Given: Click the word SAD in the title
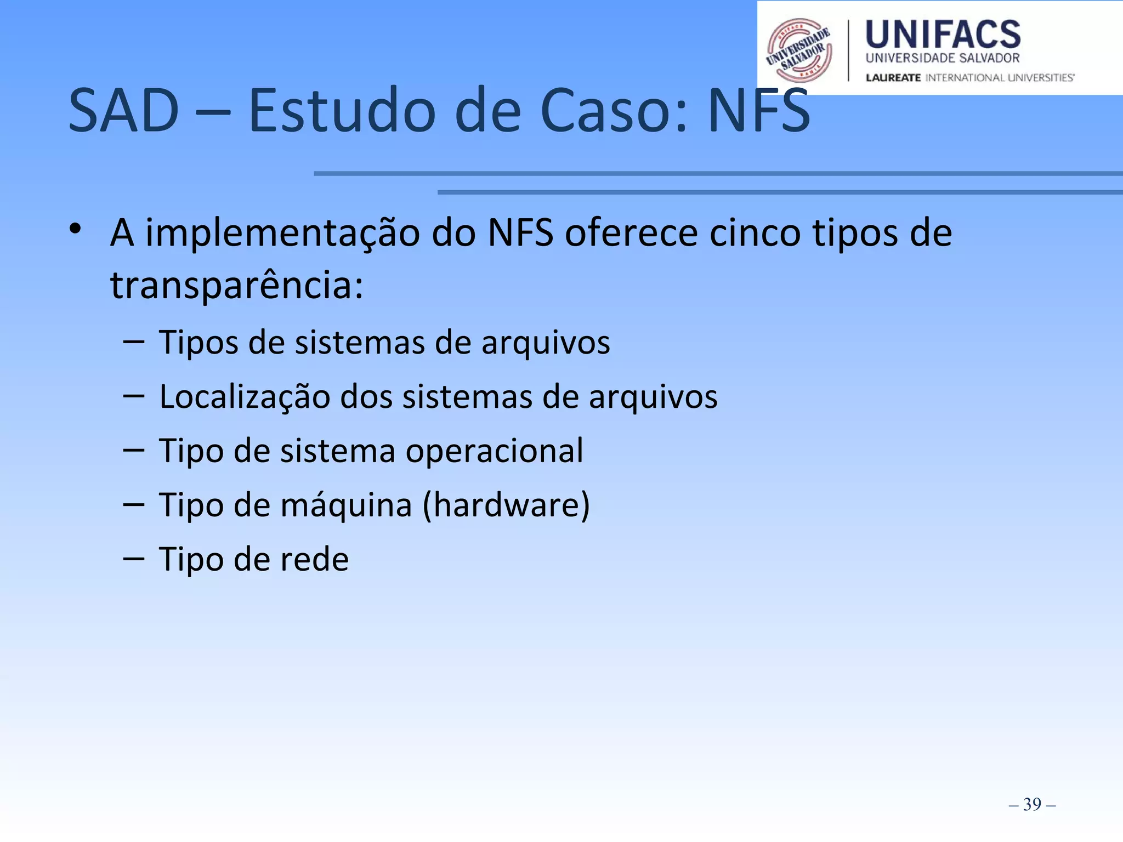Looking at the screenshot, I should point(124,111).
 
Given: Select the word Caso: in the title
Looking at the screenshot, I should point(614,111).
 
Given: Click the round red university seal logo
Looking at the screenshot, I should point(799,50).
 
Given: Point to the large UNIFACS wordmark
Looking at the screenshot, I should point(943,34).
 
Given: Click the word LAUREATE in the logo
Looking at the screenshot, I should point(893,78).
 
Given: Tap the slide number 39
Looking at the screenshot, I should point(1032,804).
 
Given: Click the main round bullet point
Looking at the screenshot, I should point(76,229).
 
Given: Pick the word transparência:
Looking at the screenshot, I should point(237,286).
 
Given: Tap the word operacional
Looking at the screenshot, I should point(494,451).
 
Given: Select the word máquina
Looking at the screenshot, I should point(346,505).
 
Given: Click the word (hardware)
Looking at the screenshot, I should point(506,505).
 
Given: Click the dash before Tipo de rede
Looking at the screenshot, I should point(134,559).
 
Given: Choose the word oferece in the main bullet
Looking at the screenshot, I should point(631,234).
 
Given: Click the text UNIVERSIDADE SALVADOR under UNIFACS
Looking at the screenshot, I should point(942,58).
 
